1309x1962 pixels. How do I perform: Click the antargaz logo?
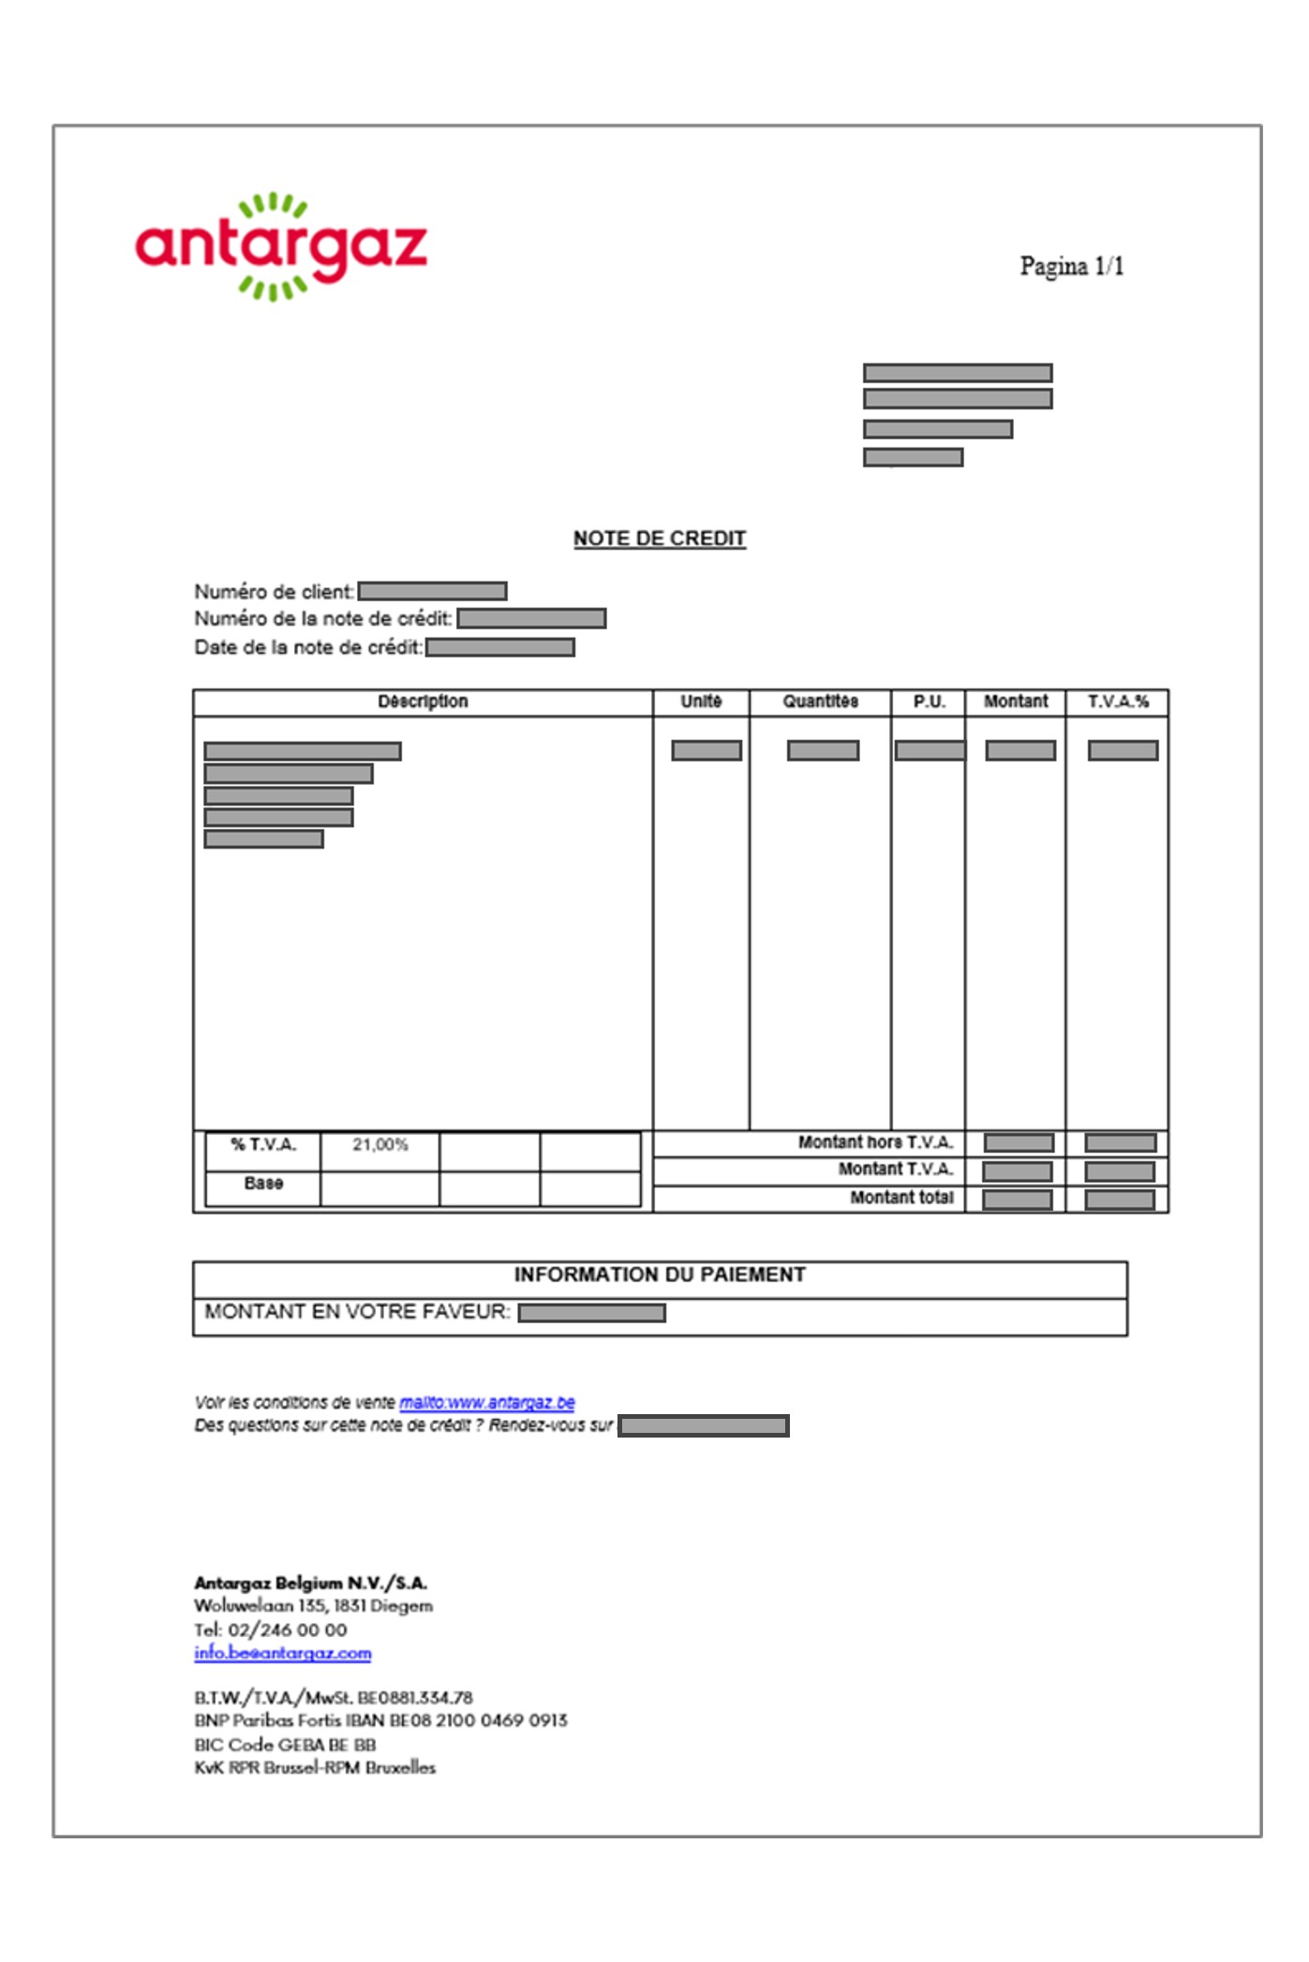pyautogui.click(x=281, y=246)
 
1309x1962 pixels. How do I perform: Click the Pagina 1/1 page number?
pyautogui.click(x=1071, y=267)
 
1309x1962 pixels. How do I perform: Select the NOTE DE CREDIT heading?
pyautogui.click(x=660, y=538)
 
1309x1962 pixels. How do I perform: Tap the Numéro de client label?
pyautogui.click(x=274, y=592)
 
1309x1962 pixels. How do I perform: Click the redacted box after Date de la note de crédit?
pyautogui.click(x=500, y=648)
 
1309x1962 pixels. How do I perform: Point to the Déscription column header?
pyautogui.click(x=423, y=701)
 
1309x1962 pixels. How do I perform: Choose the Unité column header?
pyautogui.click(x=701, y=701)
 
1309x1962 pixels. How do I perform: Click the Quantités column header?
pyautogui.click(x=820, y=701)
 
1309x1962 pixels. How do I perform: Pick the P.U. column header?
pyautogui.click(x=929, y=701)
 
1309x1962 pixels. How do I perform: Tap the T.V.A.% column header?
pyautogui.click(x=1117, y=701)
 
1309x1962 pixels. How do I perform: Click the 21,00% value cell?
pyautogui.click(x=379, y=1144)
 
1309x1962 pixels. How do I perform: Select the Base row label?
pyautogui.click(x=263, y=1184)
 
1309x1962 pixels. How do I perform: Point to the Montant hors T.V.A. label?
pyautogui.click(x=875, y=1143)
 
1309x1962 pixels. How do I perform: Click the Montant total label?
pyautogui.click(x=901, y=1198)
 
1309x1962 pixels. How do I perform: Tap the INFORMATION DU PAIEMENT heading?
pyautogui.click(x=660, y=1275)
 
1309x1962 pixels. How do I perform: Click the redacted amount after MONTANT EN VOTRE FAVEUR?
pyautogui.click(x=592, y=1313)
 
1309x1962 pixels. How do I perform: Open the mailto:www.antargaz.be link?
pyautogui.click(x=486, y=1402)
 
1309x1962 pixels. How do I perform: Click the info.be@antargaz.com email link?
pyautogui.click(x=283, y=1653)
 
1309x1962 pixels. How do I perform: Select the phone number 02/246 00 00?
pyautogui.click(x=288, y=1630)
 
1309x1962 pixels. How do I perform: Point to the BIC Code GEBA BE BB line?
pyautogui.click(x=285, y=1745)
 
